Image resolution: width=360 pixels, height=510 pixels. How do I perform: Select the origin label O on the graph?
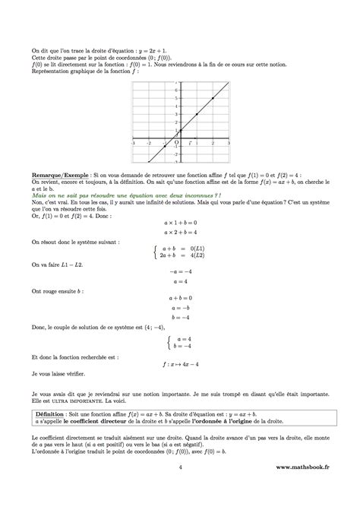tap(176, 142)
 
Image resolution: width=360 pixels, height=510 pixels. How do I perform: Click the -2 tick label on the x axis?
tap(149, 143)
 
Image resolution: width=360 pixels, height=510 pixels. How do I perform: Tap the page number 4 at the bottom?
tap(179, 490)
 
